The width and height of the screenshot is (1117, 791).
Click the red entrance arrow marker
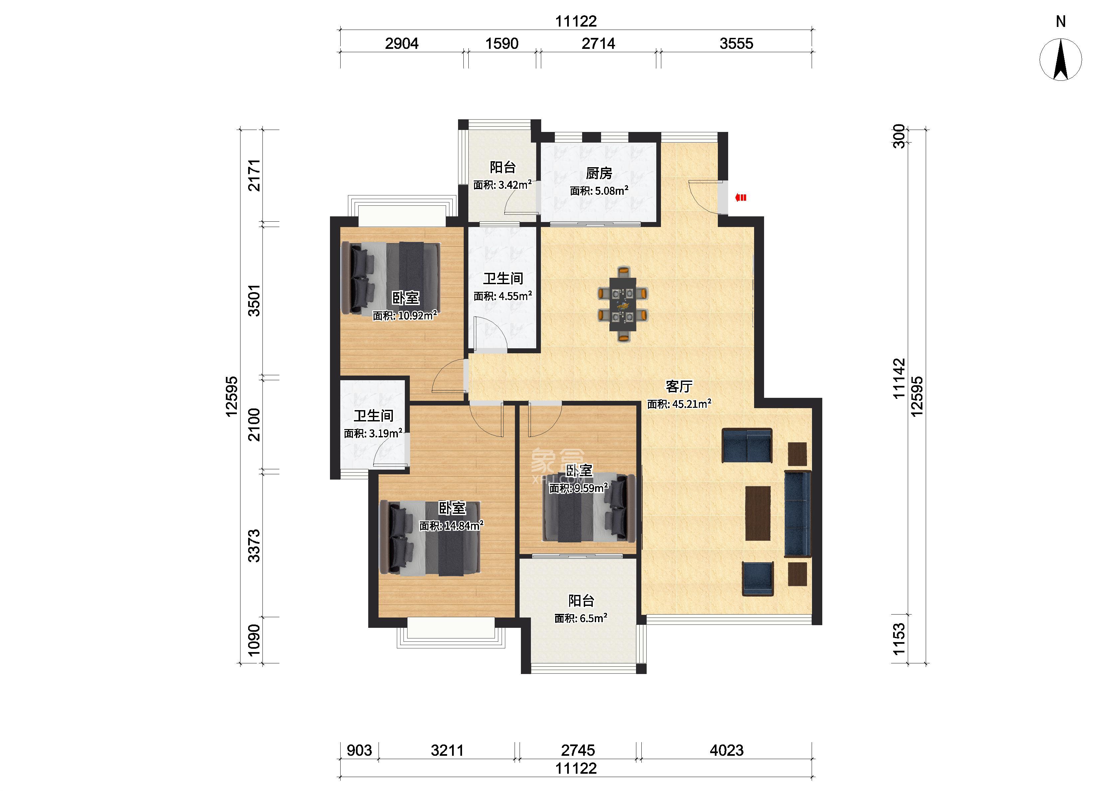[x=741, y=197]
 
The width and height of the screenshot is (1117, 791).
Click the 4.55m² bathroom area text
[x=503, y=296]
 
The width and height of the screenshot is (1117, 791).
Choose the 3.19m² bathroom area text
[x=373, y=433]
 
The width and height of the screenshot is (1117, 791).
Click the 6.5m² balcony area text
[x=580, y=618]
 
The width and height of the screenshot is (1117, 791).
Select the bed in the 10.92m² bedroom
[x=391, y=279]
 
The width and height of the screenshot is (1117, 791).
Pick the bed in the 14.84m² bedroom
[x=429, y=538]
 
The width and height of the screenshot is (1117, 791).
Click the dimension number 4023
[x=726, y=750]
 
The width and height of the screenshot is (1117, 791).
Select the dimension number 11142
[x=899, y=379]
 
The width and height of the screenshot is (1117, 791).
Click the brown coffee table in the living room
[x=757, y=513]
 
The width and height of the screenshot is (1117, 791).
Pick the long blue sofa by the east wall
[x=798, y=513]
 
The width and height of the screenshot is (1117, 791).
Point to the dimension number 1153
[x=899, y=639]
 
